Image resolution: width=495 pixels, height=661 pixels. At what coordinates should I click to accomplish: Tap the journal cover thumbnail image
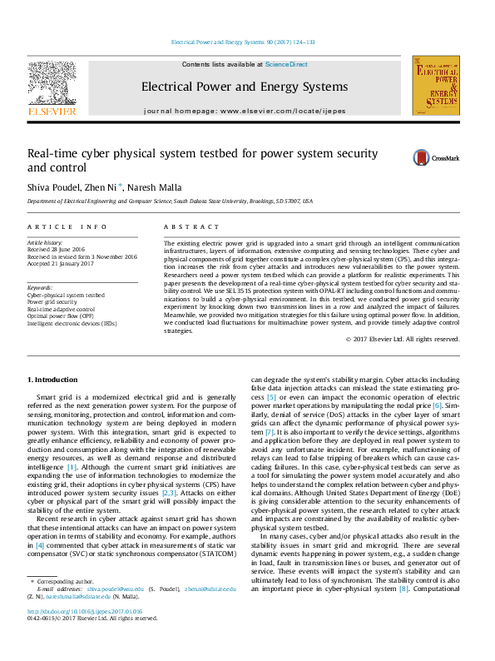(435, 87)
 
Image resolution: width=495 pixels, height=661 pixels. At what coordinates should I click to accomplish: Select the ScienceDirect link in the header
(286, 64)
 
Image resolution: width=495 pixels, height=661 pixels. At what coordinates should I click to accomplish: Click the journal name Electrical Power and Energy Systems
(244, 87)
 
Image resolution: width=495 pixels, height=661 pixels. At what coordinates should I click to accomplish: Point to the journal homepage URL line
(244, 111)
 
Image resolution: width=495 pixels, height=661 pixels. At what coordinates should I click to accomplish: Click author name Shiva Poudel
(55, 187)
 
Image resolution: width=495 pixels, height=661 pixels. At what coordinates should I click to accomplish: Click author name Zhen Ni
(105, 187)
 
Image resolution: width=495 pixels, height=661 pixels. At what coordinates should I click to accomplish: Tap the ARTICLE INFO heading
(67, 226)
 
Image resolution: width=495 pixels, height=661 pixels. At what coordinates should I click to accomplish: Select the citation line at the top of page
(242, 42)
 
